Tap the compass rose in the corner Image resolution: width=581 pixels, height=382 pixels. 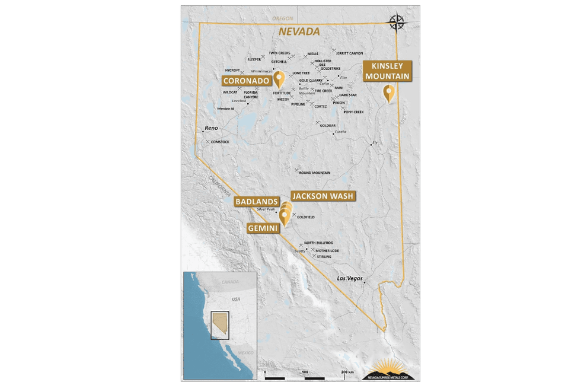[x=396, y=23]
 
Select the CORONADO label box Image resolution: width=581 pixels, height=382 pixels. [x=246, y=81]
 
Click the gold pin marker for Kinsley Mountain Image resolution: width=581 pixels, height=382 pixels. [x=389, y=93]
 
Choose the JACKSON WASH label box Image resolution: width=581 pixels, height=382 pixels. [x=323, y=196]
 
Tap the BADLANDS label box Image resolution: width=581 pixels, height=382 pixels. [x=257, y=202]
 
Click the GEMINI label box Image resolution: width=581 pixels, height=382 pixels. [x=263, y=228]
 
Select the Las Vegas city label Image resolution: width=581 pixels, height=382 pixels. [x=350, y=278]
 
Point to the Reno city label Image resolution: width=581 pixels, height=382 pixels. [x=211, y=128]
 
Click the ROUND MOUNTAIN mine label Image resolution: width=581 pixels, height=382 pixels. [x=314, y=173]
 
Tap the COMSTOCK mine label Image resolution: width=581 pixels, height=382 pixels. [x=219, y=142]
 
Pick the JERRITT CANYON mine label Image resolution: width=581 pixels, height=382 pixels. [x=349, y=53]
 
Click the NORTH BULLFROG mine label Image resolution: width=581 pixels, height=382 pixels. [x=318, y=243]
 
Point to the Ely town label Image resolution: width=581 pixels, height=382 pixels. [x=375, y=142]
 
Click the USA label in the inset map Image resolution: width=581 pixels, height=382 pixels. [x=236, y=299]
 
